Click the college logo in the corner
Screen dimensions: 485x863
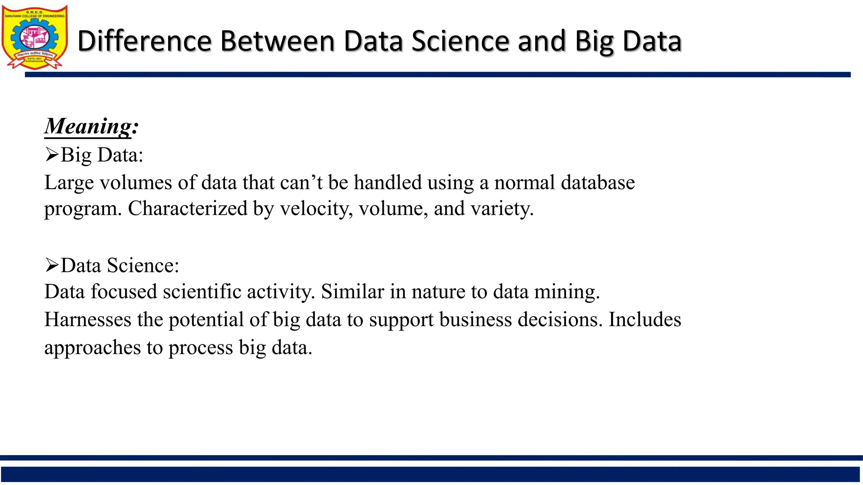pyautogui.click(x=35, y=37)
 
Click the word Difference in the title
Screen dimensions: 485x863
pyautogui.click(x=144, y=41)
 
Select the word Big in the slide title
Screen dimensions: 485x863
pyautogui.click(x=595, y=42)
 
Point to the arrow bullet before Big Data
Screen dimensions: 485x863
pyautogui.click(x=51, y=155)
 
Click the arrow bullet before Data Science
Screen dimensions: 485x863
pyautogui.click(x=51, y=265)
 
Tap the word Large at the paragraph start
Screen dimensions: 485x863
pyautogui.click(x=69, y=183)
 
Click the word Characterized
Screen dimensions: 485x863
pyautogui.click(x=188, y=208)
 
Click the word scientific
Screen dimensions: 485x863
pyautogui.click(x=202, y=291)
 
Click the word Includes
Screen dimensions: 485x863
pyautogui.click(x=645, y=319)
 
